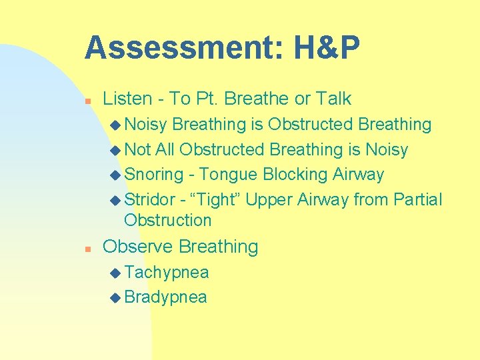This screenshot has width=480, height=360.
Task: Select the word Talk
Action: pos(333,99)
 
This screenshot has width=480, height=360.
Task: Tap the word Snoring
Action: pos(153,175)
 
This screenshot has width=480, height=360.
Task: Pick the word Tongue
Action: pos(228,175)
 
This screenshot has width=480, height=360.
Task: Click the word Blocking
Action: pos(295,175)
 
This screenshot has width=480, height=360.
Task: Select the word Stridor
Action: pos(150,199)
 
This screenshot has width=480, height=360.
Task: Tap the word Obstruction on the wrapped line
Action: pos(167,220)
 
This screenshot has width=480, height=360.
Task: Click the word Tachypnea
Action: pos(166,273)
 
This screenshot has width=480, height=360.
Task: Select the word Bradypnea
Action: pos(165,297)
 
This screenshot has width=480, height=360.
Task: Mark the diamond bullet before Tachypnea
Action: pos(115,273)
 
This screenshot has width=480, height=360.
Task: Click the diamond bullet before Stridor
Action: pos(115,200)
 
